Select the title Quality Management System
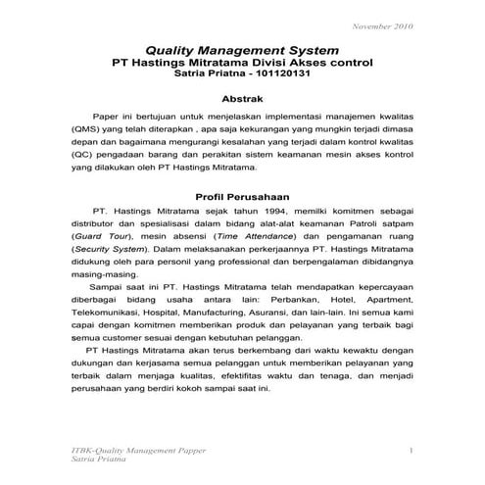[x=241, y=48]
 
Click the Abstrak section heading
[x=242, y=100]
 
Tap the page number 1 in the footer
[x=412, y=449]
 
